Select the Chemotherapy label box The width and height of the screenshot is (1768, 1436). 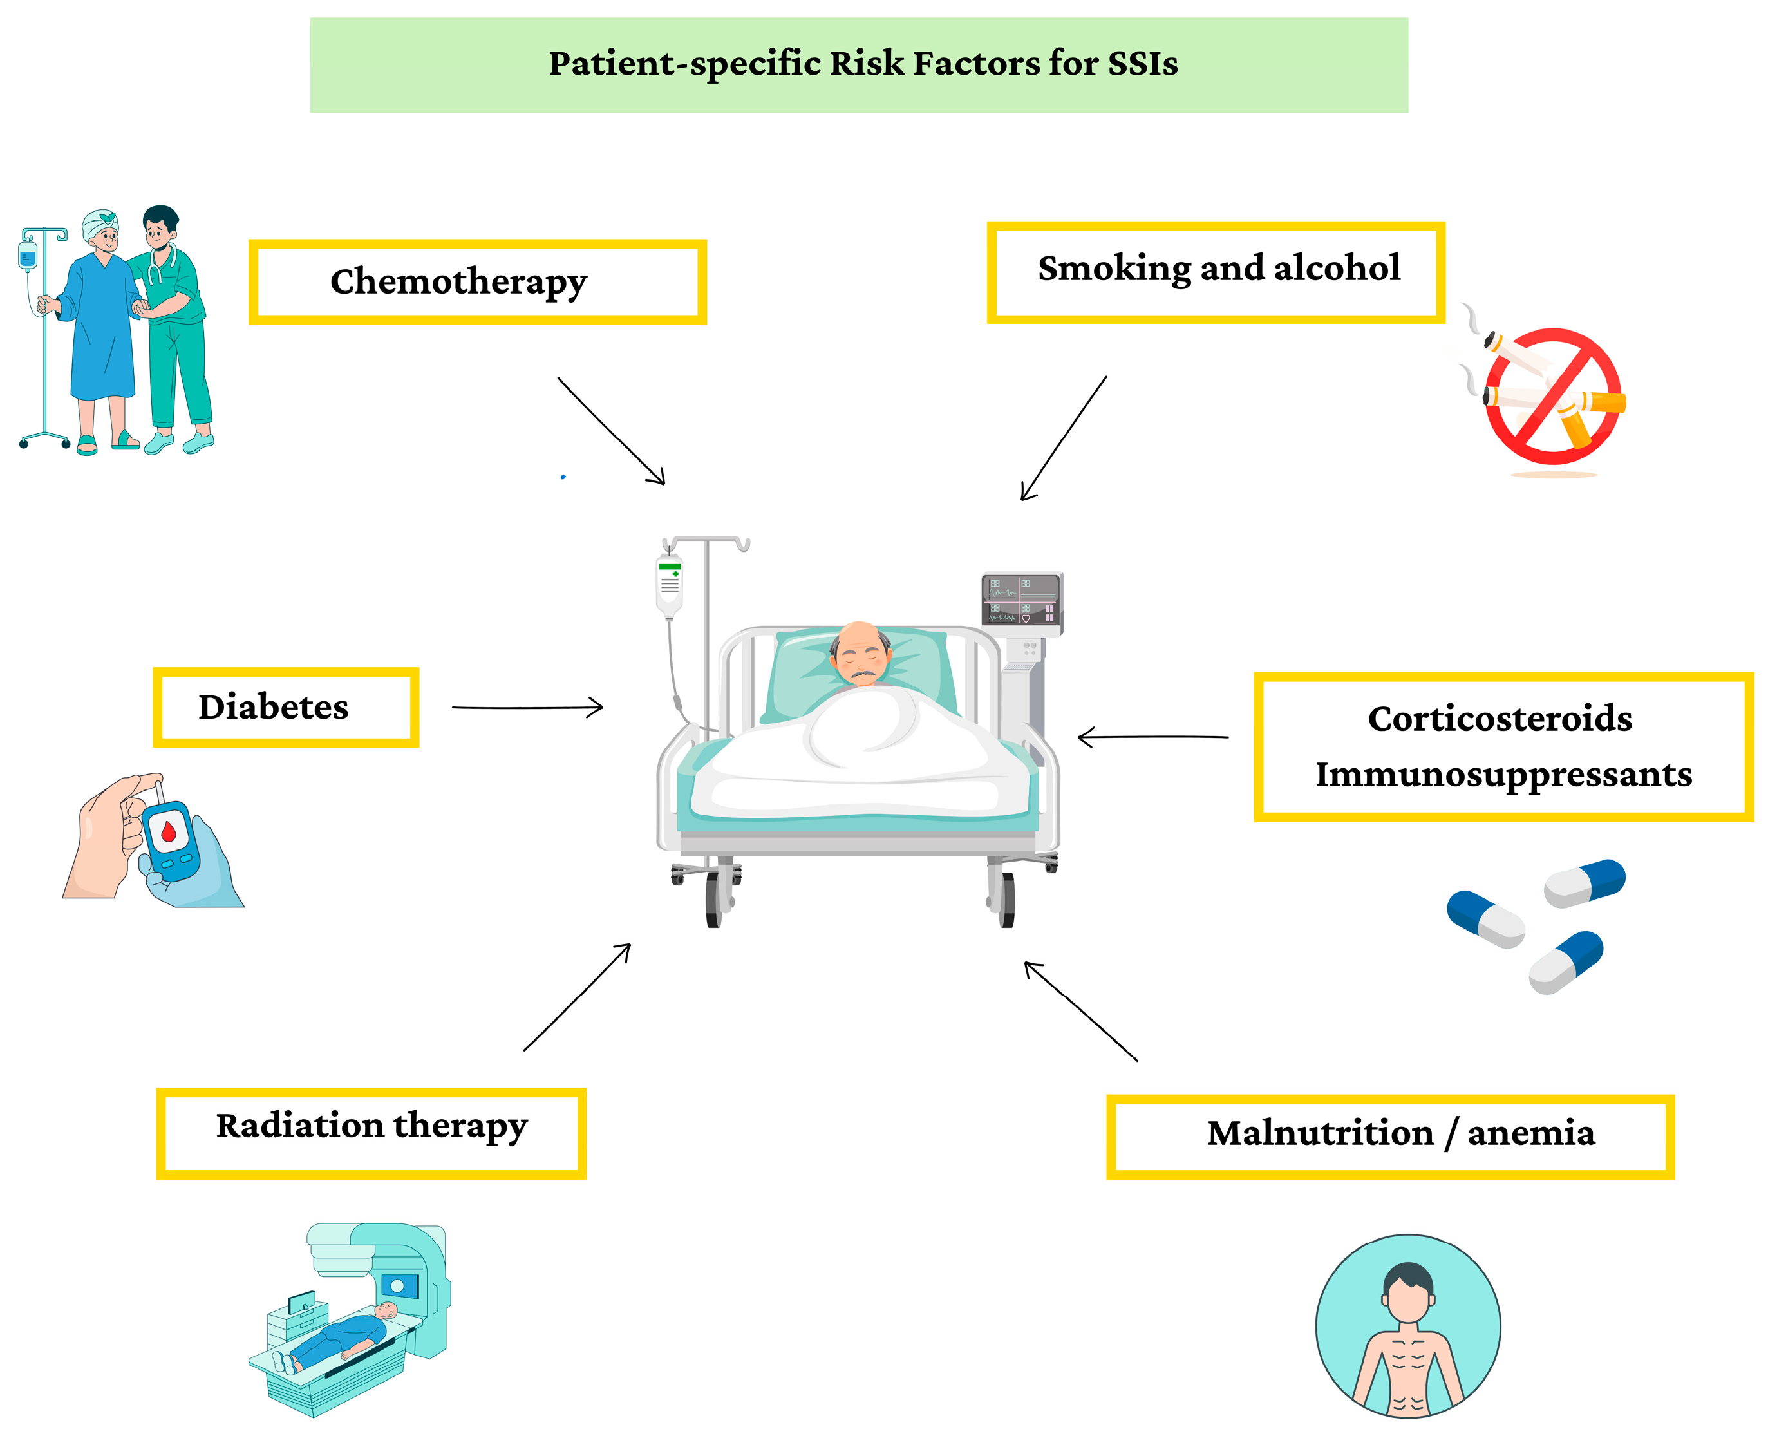point(477,282)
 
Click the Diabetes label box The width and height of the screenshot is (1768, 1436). point(285,707)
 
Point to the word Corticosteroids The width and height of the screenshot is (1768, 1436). point(1500,718)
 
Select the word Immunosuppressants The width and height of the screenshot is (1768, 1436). point(1503,774)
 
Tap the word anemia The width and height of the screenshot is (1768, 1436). point(1530,1133)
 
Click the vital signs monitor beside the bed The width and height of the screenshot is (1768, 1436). point(1021,600)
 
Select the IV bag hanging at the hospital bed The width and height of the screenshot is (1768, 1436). point(669,585)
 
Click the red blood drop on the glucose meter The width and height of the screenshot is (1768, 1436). point(169,831)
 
